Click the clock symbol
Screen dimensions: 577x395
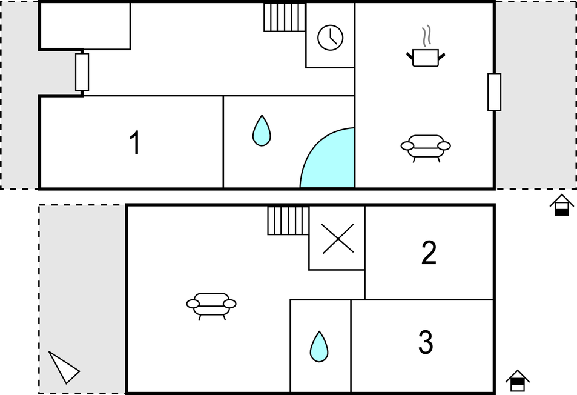tap(331, 38)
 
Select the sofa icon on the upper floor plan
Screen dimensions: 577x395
tap(426, 148)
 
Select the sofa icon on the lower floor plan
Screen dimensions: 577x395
tap(211, 306)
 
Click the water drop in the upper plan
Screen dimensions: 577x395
tap(262, 131)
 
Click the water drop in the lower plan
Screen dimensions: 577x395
tap(319, 347)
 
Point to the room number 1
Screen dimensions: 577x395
tap(136, 143)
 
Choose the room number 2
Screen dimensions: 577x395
tap(429, 253)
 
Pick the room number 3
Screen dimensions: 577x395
tap(426, 342)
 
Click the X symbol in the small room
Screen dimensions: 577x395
tap(338, 239)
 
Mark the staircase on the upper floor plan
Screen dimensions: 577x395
tap(285, 18)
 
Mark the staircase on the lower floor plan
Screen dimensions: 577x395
tap(288, 221)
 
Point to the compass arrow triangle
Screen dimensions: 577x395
tap(64, 368)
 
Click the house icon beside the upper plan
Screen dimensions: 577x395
tap(561, 205)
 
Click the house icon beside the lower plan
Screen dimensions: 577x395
tap(518, 380)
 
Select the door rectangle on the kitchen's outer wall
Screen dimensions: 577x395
tap(494, 92)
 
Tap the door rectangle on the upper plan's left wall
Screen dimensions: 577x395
tap(82, 72)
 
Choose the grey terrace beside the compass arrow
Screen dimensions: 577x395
tap(82, 299)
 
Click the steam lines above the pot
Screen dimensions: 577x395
tap(426, 36)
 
